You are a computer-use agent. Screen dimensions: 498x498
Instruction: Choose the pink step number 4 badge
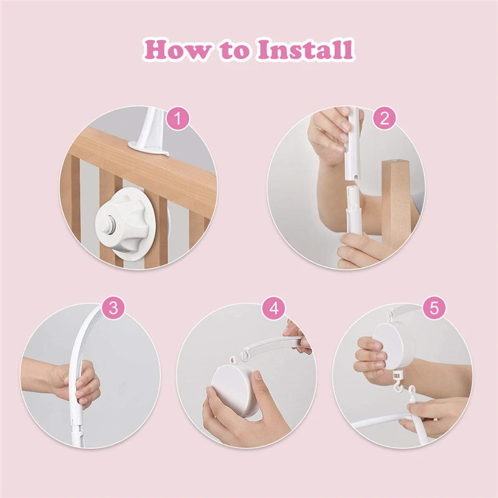pyautogui.click(x=273, y=308)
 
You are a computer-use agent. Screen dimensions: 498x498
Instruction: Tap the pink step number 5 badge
pyautogui.click(x=433, y=308)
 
